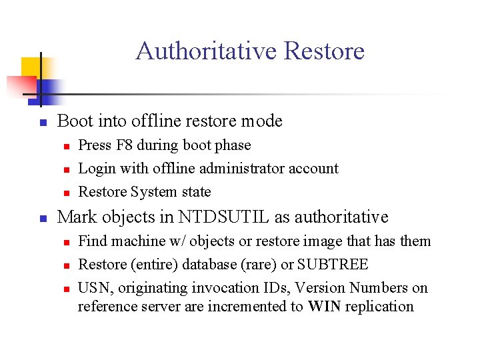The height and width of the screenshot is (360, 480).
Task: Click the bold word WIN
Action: click(x=325, y=306)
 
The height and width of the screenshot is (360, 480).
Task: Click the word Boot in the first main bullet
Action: click(x=75, y=121)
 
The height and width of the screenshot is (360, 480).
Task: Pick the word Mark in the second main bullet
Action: click(x=75, y=217)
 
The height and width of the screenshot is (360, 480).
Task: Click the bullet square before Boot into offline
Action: click(x=41, y=122)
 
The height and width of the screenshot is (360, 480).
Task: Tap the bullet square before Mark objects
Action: click(x=41, y=218)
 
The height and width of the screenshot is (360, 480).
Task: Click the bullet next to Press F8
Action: click(x=64, y=145)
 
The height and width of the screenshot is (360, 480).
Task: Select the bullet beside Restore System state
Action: click(x=64, y=193)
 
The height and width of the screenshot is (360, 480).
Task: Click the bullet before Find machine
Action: click(x=64, y=241)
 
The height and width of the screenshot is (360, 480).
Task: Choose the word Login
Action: click(x=97, y=169)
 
